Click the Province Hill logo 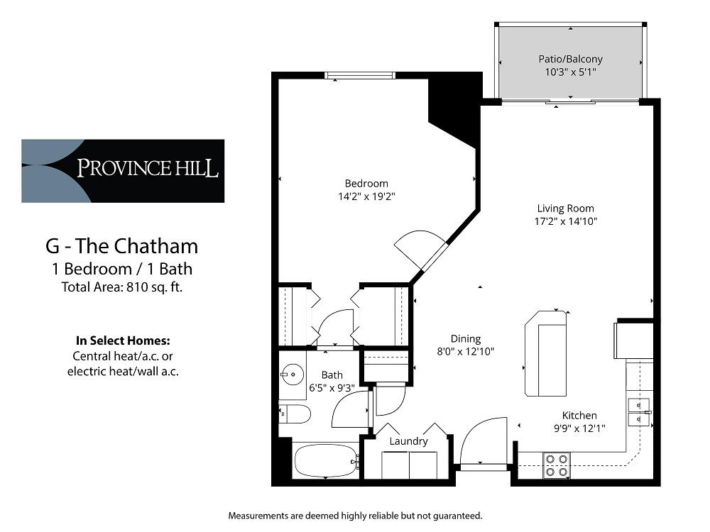pyautogui.click(x=123, y=170)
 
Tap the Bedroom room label pyautogui.click(x=366, y=184)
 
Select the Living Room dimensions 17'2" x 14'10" pyautogui.click(x=565, y=221)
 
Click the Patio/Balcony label pyautogui.click(x=570, y=60)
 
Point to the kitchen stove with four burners pyautogui.click(x=555, y=465)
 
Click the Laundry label pyautogui.click(x=408, y=441)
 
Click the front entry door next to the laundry pyautogui.click(x=483, y=443)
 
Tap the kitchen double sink pyautogui.click(x=639, y=413)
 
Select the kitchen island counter pyautogui.click(x=545, y=353)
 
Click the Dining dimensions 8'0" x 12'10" pyautogui.click(x=466, y=351)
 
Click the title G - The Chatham pyautogui.click(x=122, y=246)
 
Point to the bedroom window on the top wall pyautogui.click(x=359, y=76)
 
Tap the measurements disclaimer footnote pyautogui.click(x=355, y=515)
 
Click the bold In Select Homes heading pyautogui.click(x=123, y=339)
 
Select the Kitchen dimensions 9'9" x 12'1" pyautogui.click(x=579, y=428)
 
